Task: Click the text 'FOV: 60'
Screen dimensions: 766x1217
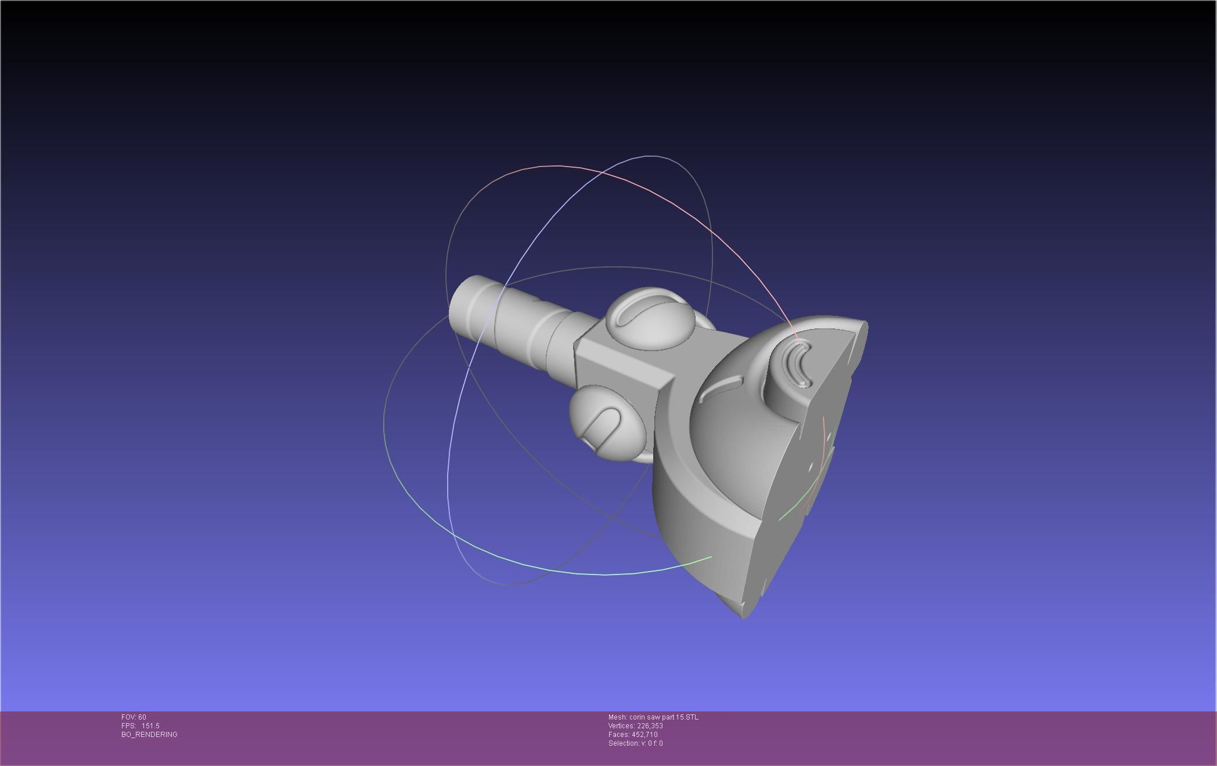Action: (134, 717)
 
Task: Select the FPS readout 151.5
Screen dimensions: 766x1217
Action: (150, 726)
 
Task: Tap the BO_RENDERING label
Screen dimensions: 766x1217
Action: (149, 735)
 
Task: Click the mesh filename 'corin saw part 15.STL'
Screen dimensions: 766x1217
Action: (664, 717)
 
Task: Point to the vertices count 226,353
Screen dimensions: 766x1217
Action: (650, 726)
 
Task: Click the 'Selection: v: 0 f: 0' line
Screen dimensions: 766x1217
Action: (635, 743)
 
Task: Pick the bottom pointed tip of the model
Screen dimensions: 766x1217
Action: (744, 616)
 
